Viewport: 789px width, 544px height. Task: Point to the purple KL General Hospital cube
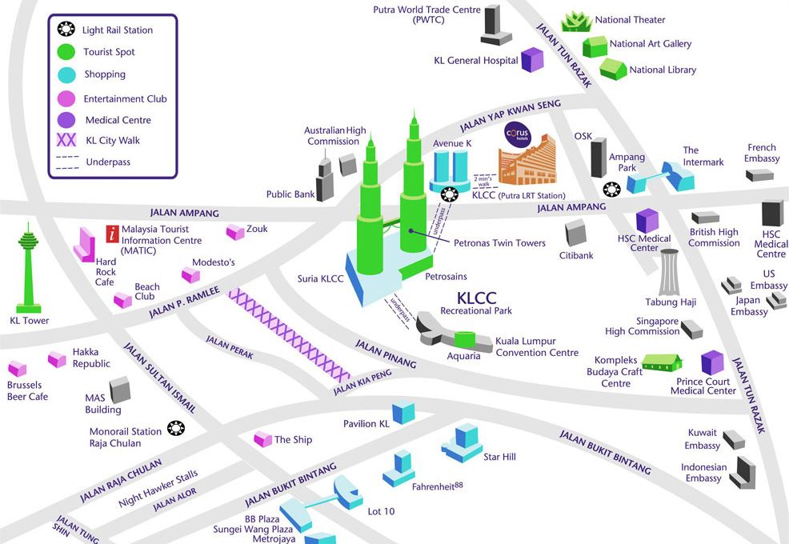point(532,59)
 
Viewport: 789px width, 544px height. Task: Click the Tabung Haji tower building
point(670,273)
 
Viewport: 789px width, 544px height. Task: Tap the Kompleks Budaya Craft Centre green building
point(662,362)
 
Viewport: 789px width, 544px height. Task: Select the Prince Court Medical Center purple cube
point(712,363)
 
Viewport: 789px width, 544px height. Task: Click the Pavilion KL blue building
point(403,412)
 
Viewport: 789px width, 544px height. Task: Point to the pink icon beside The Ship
point(262,438)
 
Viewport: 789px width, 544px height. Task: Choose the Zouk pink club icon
point(235,232)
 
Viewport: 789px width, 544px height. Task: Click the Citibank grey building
point(576,234)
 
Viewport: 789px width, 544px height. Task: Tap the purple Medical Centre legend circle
point(67,120)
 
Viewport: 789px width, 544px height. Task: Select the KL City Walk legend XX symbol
point(67,141)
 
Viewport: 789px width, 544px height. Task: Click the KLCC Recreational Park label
point(476,303)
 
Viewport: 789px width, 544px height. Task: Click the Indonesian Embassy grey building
point(743,472)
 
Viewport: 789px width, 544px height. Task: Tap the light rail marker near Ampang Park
point(612,190)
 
